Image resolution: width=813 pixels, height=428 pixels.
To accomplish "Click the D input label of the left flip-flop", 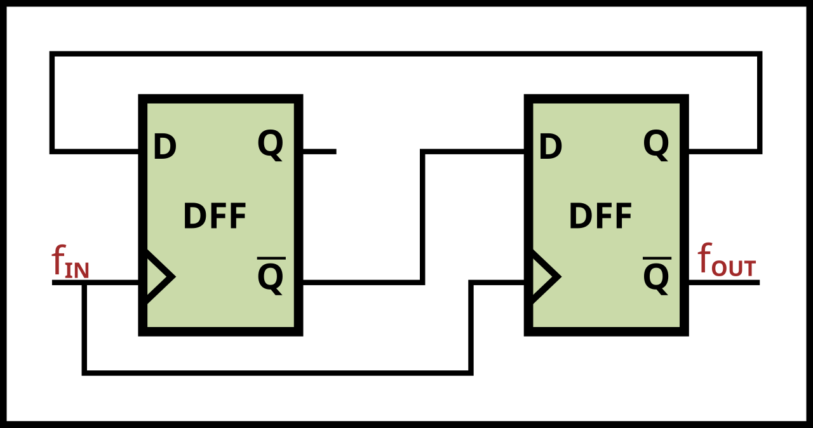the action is pyautogui.click(x=165, y=146).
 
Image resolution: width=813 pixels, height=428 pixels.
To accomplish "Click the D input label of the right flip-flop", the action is pyautogui.click(x=551, y=146).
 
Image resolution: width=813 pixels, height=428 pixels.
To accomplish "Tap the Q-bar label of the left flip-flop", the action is pyautogui.click(x=271, y=276).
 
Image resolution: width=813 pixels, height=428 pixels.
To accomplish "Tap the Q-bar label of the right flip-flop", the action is pyautogui.click(x=657, y=276).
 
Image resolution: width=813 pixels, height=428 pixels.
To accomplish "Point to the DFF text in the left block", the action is pyautogui.click(x=215, y=216).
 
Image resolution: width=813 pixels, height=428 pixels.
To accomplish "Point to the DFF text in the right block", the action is pyautogui.click(x=601, y=216).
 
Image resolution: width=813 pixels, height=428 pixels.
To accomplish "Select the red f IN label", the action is pyautogui.click(x=71, y=261).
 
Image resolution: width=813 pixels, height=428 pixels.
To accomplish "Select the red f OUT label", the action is pyautogui.click(x=727, y=260).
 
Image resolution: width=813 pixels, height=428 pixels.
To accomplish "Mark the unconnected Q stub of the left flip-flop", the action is pyautogui.click(x=319, y=152).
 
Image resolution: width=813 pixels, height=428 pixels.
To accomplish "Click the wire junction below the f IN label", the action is pyautogui.click(x=84, y=283).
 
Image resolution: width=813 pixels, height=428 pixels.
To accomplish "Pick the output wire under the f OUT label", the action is pyautogui.click(x=724, y=283).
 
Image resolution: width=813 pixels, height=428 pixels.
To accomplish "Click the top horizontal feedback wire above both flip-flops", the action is pyautogui.click(x=406, y=54).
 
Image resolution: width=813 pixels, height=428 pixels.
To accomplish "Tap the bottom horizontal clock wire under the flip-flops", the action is pyautogui.click(x=278, y=373).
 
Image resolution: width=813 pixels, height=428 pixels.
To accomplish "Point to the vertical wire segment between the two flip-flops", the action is pyautogui.click(x=422, y=217).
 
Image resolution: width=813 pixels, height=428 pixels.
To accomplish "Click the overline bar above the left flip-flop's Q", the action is pyautogui.click(x=271, y=258).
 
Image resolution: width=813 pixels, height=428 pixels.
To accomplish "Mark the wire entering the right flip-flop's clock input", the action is pyautogui.click(x=498, y=283).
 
